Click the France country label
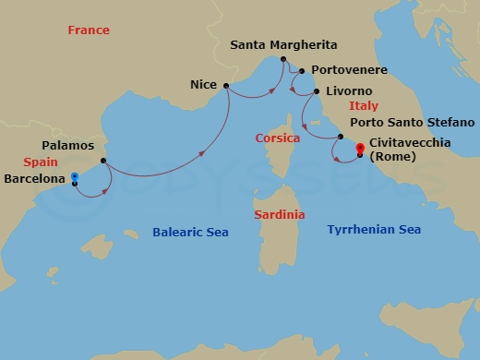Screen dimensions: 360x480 (89, 30)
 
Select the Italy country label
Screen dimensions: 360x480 (363, 107)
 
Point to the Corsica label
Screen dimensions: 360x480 (278, 138)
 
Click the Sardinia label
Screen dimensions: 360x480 (280, 214)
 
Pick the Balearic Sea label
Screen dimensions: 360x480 (190, 233)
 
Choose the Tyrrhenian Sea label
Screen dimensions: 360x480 (375, 228)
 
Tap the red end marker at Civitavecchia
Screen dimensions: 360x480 (359, 146)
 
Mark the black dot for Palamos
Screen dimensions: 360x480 (103, 161)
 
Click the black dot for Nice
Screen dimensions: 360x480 (225, 86)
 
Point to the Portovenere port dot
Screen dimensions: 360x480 (302, 70)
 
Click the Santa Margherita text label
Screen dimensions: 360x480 (283, 44)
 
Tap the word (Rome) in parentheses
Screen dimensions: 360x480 (391, 156)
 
